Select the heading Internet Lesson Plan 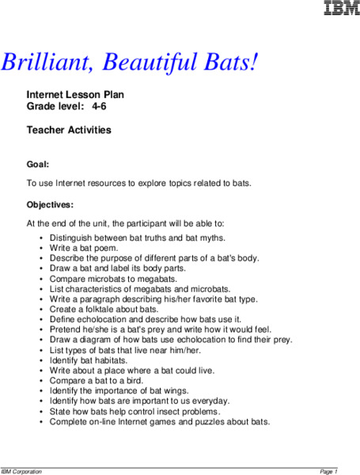pos(75,95)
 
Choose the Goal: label pos(38,165)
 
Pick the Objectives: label pos(50,204)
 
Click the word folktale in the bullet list pos(106,309)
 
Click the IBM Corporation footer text pos(22,471)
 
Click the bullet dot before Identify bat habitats pos(41,360)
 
